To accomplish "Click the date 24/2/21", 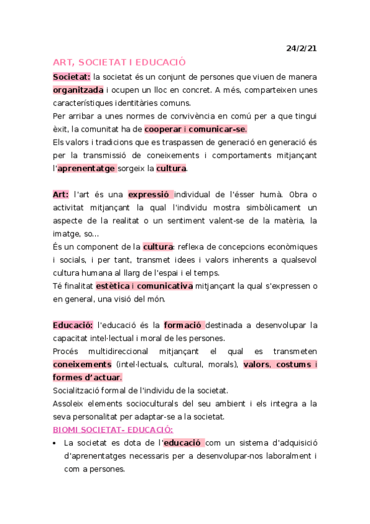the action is (301, 48).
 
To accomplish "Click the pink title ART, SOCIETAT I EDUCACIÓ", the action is (119, 62).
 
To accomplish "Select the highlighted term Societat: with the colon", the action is (72, 77).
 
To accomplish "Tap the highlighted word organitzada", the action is (78, 90).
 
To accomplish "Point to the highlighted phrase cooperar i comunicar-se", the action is (195, 129).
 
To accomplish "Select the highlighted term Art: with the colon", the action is (61, 194).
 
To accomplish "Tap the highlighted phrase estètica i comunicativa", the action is (144, 285).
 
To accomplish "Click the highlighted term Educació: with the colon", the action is (73, 324).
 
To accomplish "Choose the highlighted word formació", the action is (184, 324).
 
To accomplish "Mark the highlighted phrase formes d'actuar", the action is (87, 377).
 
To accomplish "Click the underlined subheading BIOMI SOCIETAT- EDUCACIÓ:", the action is (113, 429).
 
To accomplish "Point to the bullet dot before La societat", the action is (56, 443).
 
